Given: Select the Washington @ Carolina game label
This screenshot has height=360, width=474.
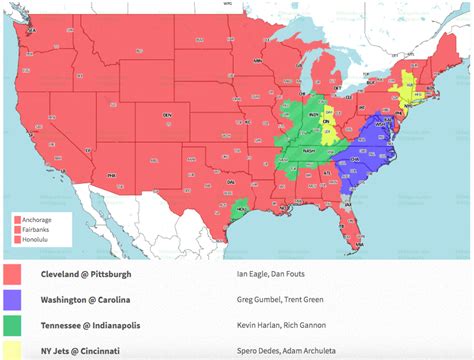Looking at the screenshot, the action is pyautogui.click(x=86, y=299).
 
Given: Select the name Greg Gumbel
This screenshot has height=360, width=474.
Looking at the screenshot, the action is pyautogui.click(x=258, y=299).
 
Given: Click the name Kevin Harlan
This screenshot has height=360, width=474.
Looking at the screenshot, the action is pyautogui.click(x=257, y=325).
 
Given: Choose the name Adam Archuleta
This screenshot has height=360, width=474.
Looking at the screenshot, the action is pyautogui.click(x=311, y=351).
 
